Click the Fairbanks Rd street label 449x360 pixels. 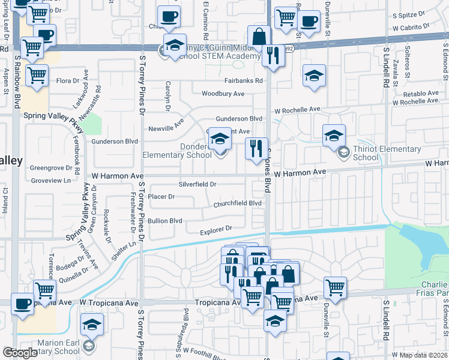[244, 80]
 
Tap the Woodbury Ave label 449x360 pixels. [223, 94]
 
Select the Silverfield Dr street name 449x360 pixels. [197, 184]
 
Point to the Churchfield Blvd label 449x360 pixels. [238, 204]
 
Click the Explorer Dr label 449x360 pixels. [215, 229]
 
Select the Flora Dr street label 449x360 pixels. [68, 81]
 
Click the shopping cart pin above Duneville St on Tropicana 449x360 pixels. [335, 287]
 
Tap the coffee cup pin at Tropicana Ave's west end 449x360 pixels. [23, 304]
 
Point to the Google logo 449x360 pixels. [20, 352]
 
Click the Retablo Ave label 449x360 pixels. [421, 94]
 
